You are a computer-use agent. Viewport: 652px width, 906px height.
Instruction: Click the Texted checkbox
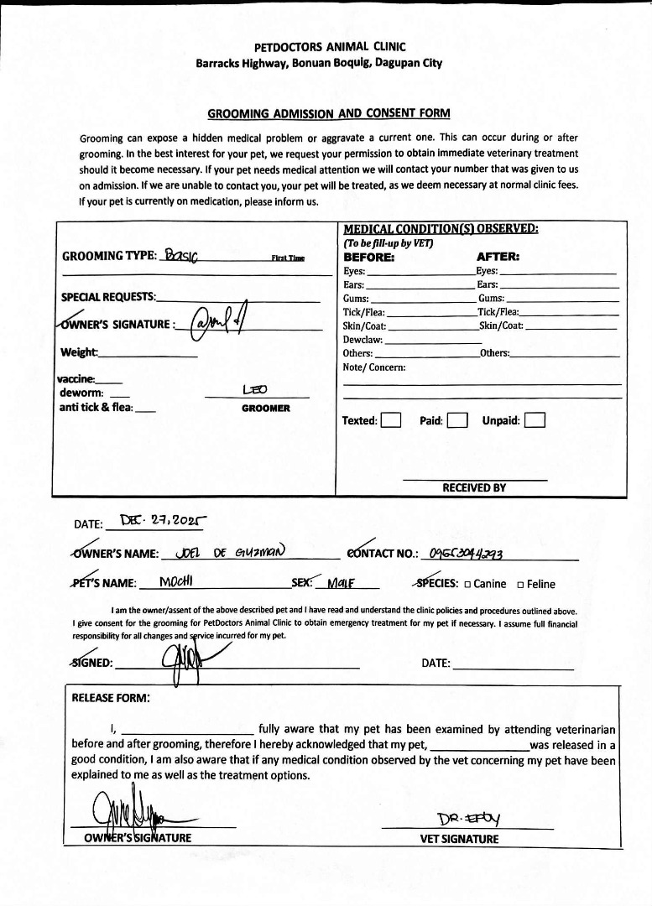coord(390,420)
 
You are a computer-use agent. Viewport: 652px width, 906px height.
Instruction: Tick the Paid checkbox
coord(456,420)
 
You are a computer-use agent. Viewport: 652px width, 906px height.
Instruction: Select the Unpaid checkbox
coord(535,420)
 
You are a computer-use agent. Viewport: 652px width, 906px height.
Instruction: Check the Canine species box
coord(467,585)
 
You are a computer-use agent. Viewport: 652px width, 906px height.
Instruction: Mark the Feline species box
coord(521,585)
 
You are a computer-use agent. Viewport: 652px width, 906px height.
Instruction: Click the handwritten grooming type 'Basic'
coord(181,255)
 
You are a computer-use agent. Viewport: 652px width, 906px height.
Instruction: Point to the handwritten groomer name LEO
coord(254,390)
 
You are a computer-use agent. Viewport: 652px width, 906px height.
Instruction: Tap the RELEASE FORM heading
coord(111,697)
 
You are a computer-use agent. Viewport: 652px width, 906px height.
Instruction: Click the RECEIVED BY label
coord(474,487)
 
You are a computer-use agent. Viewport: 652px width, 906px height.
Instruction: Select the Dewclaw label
coord(363,340)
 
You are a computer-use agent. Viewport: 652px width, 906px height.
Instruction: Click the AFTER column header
coord(498,257)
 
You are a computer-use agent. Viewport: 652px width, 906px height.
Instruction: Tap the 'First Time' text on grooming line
coord(288,258)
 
